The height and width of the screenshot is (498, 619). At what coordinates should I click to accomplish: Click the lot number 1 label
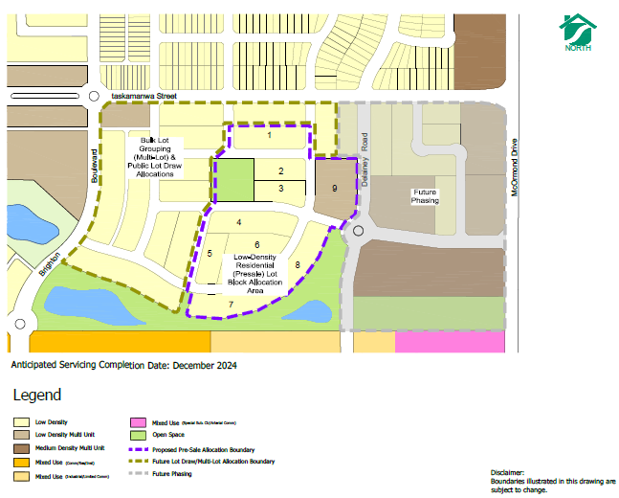pos(269,136)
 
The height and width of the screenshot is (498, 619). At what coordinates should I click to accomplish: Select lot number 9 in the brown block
pos(334,189)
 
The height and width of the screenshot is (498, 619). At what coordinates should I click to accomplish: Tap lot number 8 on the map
pos(298,264)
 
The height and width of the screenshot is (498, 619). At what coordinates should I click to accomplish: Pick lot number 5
pos(210,253)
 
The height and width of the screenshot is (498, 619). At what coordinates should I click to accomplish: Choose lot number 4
pos(238,223)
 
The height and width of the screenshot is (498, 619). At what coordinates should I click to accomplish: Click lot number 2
pos(280,170)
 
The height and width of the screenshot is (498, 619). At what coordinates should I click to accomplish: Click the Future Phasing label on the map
pos(425,196)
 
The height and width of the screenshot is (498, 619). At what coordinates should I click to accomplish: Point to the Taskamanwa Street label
pos(144,97)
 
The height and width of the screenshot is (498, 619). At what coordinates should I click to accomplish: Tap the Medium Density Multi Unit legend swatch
pos(20,448)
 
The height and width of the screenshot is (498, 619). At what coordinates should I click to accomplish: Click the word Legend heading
pos(36,395)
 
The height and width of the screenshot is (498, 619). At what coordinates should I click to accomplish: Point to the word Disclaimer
pos(508,472)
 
